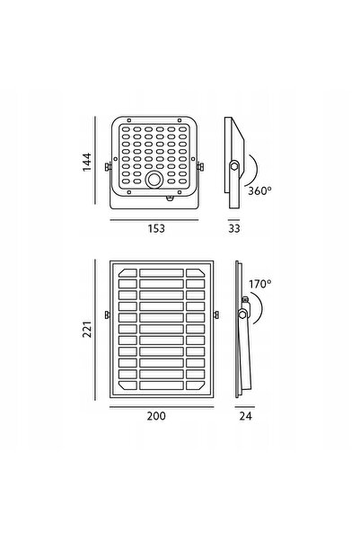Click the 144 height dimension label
(x=87, y=162)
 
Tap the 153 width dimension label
(x=156, y=229)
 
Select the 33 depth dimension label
(x=234, y=229)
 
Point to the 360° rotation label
(x=259, y=190)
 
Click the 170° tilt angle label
(x=259, y=284)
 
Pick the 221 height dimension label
(x=87, y=329)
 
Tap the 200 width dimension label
(x=156, y=416)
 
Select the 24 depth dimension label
(x=245, y=416)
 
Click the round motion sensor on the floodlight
(x=154, y=180)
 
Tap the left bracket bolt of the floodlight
(x=108, y=167)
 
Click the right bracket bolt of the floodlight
(x=200, y=167)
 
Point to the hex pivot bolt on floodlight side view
(x=234, y=166)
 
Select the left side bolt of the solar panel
(x=108, y=314)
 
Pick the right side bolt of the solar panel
(x=216, y=314)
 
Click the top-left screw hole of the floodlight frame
(x=129, y=120)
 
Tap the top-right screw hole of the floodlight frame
(x=180, y=120)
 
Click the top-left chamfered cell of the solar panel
(x=127, y=273)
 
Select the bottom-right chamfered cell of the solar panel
(x=196, y=385)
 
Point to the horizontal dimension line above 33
(x=233, y=220)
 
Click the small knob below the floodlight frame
(x=170, y=198)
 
